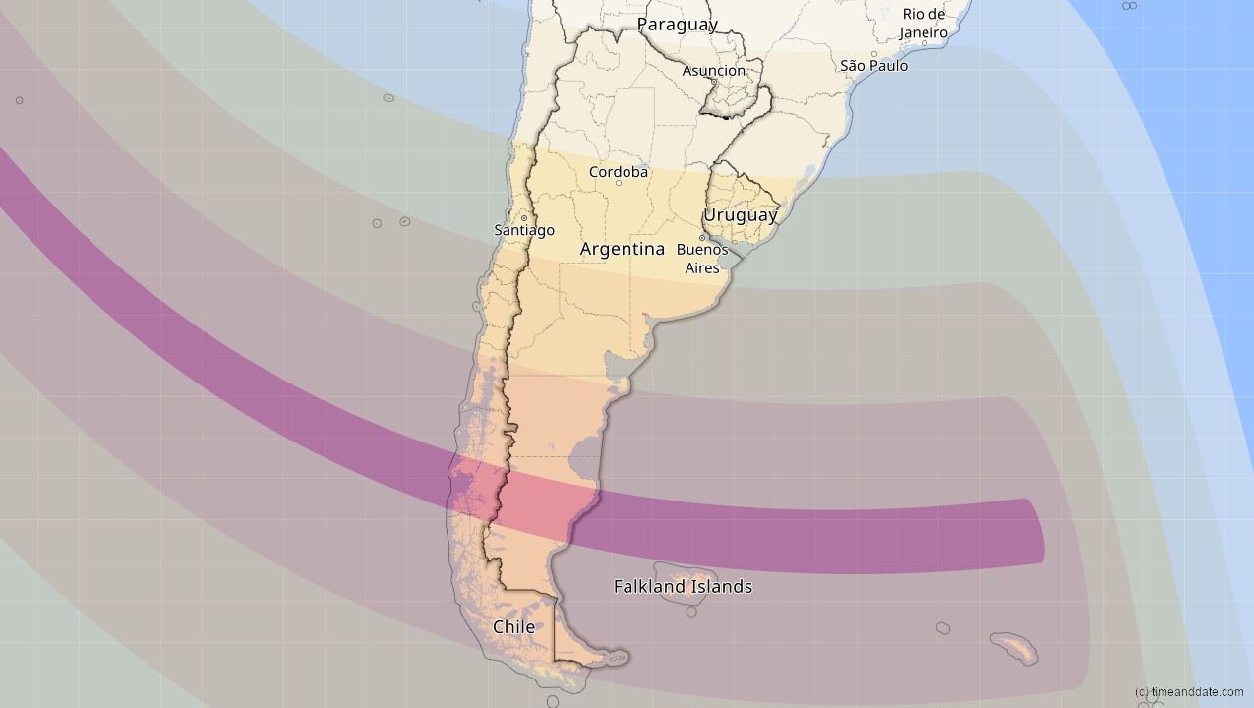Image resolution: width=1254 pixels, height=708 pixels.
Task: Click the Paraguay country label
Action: point(677,25)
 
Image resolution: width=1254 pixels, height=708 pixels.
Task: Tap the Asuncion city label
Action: point(714,71)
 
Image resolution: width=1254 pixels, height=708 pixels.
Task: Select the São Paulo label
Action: point(873,66)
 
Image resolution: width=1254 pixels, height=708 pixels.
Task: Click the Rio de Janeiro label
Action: point(924,24)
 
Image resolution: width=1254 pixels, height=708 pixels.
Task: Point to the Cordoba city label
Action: point(619,172)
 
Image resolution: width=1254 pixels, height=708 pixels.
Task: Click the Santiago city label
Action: point(524,230)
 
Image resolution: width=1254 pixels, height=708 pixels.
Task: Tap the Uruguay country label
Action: point(741,214)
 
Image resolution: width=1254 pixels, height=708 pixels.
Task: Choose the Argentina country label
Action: point(623,249)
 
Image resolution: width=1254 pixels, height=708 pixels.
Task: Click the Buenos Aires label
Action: point(702,259)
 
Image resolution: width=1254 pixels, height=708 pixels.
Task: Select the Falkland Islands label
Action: point(683,587)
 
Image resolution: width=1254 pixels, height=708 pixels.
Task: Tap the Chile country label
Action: point(513,627)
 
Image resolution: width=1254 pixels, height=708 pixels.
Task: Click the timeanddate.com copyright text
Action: point(1188,692)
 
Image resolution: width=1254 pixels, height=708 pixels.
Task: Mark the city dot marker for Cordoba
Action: point(619,183)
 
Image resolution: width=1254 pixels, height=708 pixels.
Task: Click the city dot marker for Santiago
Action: point(524,218)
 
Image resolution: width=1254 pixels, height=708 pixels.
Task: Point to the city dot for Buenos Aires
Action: point(702,238)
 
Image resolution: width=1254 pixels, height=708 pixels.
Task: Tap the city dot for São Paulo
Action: point(873,54)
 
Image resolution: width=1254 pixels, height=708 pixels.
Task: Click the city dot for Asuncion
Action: point(714,82)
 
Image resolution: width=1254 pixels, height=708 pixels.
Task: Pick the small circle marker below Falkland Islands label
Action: point(691,612)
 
